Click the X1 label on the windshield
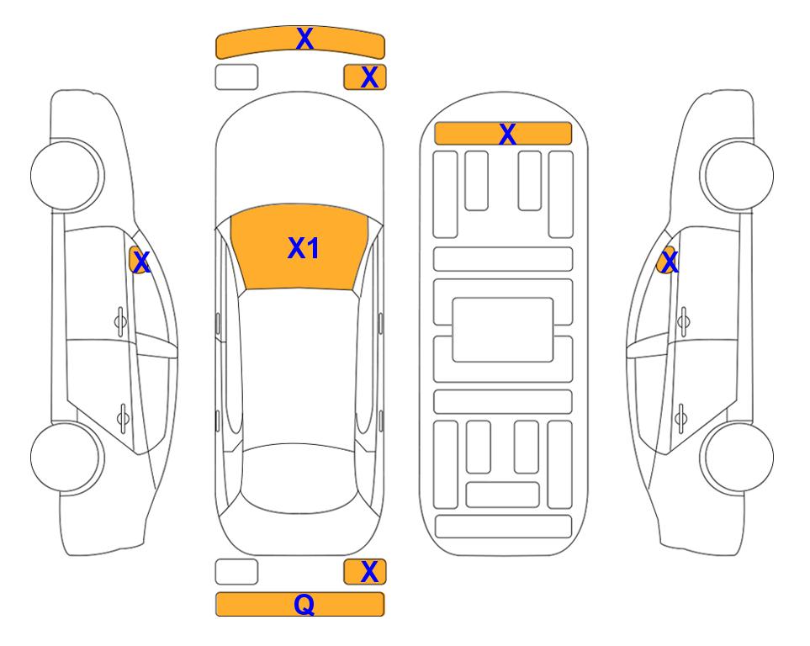tap(304, 248)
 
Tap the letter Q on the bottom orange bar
tap(304, 605)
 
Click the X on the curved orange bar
tap(304, 39)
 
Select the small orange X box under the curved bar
tap(365, 77)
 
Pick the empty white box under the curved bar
tap(236, 77)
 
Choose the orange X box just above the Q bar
tap(365, 572)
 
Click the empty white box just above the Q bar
tap(236, 572)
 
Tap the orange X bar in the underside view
tap(503, 134)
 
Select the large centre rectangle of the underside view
tap(503, 330)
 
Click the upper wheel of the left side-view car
tap(66, 175)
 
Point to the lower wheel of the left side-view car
tap(66, 457)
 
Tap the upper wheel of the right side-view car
tap(737, 175)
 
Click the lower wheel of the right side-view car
tap(737, 457)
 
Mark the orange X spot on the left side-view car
tap(139, 260)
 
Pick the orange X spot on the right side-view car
tap(667, 260)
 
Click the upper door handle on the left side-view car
tap(120, 322)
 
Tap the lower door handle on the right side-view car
tap(682, 418)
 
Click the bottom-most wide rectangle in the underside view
tap(503, 527)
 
